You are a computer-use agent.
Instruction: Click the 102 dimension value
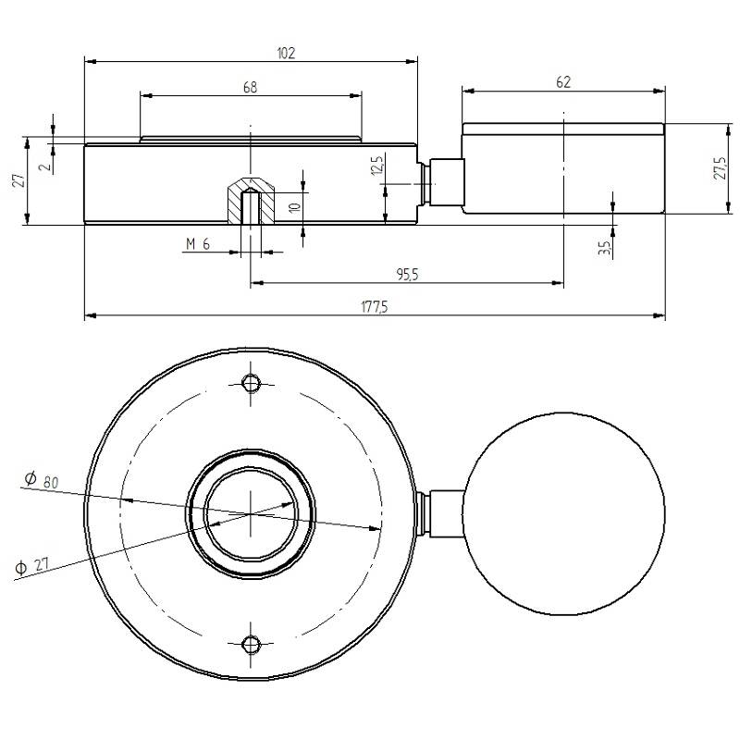tap(286, 53)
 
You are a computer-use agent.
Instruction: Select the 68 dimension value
tap(250, 87)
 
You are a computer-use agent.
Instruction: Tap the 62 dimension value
tap(564, 82)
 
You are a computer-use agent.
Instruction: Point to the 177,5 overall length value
tap(374, 307)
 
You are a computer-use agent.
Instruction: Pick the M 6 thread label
tap(198, 243)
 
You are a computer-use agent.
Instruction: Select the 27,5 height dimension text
tap(721, 167)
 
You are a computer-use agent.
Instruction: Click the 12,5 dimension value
tap(376, 170)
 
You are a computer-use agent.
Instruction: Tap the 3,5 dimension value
tap(603, 248)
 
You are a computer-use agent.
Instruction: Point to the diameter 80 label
tap(42, 480)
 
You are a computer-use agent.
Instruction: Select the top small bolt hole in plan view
tap(250, 384)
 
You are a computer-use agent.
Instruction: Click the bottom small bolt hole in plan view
tap(250, 644)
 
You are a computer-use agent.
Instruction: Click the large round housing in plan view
tap(564, 513)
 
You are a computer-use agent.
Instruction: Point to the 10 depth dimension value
tap(294, 207)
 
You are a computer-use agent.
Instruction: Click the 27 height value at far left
tap(16, 180)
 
